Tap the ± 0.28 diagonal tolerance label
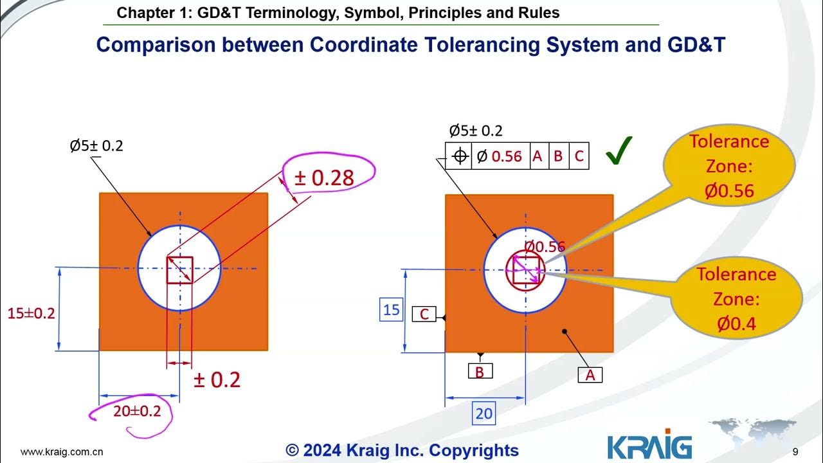[324, 178]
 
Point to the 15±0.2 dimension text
[32, 314]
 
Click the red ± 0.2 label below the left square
[217, 380]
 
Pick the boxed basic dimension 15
[392, 311]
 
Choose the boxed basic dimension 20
[484, 413]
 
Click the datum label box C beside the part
[424, 314]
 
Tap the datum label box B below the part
[480, 371]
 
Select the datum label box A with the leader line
[590, 375]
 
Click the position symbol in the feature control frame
[459, 156]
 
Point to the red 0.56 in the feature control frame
[507, 156]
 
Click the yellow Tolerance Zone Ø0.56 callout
[728, 166]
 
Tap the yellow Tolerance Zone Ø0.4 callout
[736, 299]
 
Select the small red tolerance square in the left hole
[179, 270]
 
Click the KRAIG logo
[649, 446]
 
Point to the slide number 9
[795, 451]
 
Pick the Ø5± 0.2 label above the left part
[96, 146]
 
